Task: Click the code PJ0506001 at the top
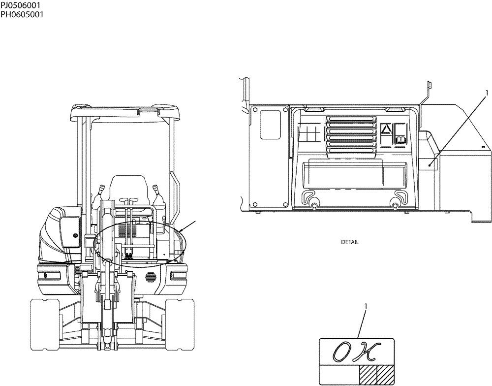click(21, 5)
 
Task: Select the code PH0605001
click(22, 14)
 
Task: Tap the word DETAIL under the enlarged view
click(350, 242)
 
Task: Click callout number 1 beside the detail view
click(486, 92)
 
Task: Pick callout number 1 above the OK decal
click(365, 306)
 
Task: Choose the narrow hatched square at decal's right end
click(385, 373)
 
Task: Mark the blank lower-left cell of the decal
click(339, 373)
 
